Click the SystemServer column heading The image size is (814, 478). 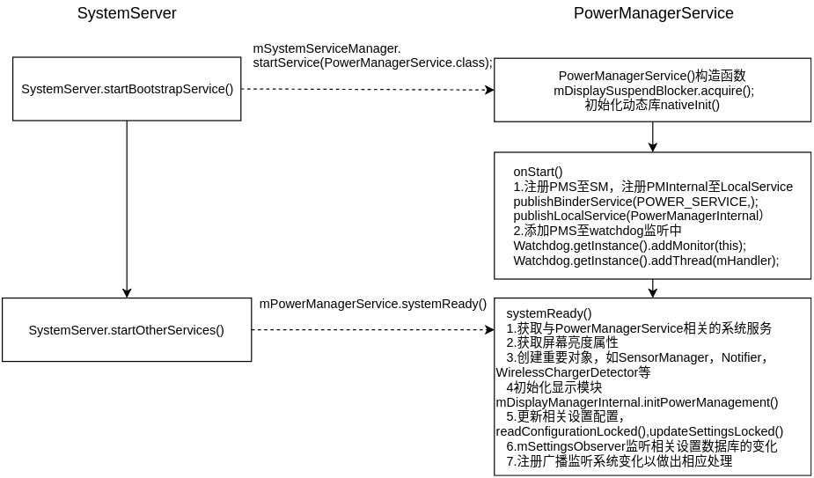tap(127, 13)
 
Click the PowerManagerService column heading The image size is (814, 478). tap(653, 13)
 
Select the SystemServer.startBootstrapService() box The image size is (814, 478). tap(127, 89)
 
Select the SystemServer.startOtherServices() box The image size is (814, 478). tap(127, 330)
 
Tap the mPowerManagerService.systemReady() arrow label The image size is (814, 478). tap(372, 304)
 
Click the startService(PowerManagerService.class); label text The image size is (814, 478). tap(372, 63)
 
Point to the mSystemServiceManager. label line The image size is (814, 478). tap(326, 48)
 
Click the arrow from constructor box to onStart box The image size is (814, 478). tap(653, 136)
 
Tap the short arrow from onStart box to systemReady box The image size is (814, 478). tap(653, 288)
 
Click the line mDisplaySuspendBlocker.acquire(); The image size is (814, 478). tap(653, 91)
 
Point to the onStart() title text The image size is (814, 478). tap(538, 172)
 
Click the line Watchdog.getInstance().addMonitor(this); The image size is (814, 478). tap(629, 246)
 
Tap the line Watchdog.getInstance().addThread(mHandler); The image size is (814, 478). tap(646, 261)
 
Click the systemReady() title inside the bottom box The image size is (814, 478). tap(549, 313)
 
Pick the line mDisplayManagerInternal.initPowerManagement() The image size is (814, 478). tap(637, 402)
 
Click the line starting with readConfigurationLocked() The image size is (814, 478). tap(639, 431)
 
